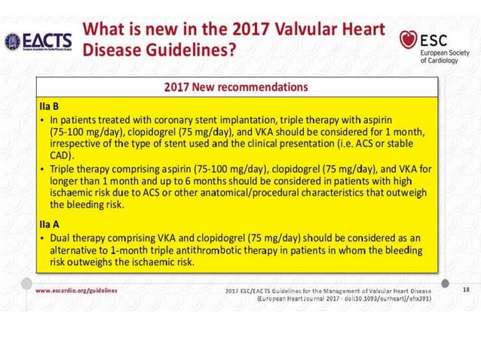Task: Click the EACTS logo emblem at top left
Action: (12, 41)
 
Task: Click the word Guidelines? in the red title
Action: (191, 51)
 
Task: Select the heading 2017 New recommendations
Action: (236, 87)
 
